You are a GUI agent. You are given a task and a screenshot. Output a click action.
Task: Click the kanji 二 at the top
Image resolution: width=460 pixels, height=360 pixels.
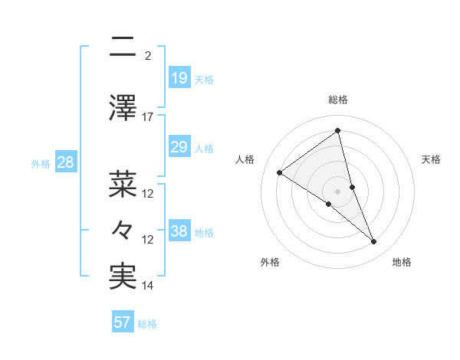click(122, 49)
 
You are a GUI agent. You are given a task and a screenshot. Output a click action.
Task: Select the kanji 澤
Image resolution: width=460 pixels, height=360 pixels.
click(122, 107)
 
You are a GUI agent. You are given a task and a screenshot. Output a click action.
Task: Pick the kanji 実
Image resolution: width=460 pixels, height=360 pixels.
click(122, 277)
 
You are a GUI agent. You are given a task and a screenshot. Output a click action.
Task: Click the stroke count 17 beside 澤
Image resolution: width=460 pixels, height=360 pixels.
click(148, 117)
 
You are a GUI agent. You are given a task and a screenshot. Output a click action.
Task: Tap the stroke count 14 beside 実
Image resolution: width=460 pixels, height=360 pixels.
click(148, 286)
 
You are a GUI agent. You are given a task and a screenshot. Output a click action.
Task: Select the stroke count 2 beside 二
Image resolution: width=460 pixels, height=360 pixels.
click(148, 55)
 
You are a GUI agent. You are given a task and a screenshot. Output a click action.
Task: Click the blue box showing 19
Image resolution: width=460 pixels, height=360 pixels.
click(179, 77)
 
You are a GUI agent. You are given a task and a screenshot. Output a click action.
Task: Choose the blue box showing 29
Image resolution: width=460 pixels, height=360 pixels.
click(179, 147)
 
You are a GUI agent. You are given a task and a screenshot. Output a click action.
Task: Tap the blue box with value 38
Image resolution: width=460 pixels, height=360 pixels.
click(179, 231)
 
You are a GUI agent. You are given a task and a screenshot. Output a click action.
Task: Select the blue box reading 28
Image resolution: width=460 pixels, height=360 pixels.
click(65, 162)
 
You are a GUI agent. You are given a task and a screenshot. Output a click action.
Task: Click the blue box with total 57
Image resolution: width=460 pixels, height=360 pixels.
click(122, 322)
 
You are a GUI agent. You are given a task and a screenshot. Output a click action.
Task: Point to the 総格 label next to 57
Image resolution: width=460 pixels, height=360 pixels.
click(147, 324)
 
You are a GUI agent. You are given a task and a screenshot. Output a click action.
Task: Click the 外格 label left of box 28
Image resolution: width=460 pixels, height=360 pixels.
click(41, 163)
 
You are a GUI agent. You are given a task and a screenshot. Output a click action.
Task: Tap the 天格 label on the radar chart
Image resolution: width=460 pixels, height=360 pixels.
click(431, 159)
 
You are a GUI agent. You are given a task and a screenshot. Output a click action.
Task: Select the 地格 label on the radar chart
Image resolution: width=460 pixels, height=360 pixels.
click(402, 262)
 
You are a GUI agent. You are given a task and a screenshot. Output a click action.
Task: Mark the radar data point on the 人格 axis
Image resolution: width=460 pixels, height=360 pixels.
click(280, 172)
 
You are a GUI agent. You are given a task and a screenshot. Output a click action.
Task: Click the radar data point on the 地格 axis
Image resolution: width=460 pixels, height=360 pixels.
click(374, 242)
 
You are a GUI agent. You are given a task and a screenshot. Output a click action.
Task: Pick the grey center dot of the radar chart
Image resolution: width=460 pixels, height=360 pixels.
click(337, 191)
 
